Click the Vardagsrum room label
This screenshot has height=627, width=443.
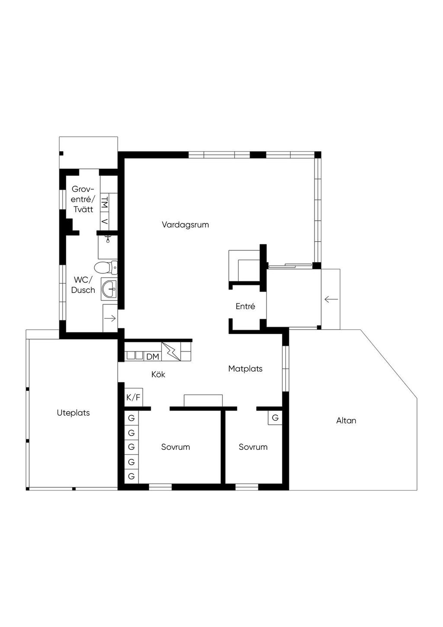click(x=185, y=225)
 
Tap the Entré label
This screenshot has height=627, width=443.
click(x=245, y=306)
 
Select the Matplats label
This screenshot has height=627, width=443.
click(x=245, y=369)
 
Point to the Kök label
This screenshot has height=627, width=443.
click(x=158, y=374)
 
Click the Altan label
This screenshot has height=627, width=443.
click(x=346, y=421)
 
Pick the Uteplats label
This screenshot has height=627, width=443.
click(x=73, y=413)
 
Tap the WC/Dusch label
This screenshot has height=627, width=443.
click(x=83, y=285)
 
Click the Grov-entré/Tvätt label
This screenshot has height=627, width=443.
click(x=83, y=199)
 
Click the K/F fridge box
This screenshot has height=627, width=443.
click(x=133, y=397)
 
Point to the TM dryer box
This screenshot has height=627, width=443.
click(x=105, y=201)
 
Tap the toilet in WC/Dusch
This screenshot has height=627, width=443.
click(x=106, y=268)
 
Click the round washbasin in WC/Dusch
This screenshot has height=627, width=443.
click(x=109, y=288)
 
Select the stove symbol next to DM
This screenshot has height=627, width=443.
click(x=171, y=352)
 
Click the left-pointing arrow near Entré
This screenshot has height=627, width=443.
click(x=331, y=299)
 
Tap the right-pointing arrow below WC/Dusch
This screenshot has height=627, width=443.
click(x=110, y=318)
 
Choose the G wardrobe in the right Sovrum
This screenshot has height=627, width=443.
click(x=275, y=418)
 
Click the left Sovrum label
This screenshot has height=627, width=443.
click(x=175, y=447)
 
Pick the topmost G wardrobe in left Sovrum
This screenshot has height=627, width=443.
click(x=132, y=418)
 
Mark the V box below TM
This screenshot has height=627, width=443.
click(x=105, y=222)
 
